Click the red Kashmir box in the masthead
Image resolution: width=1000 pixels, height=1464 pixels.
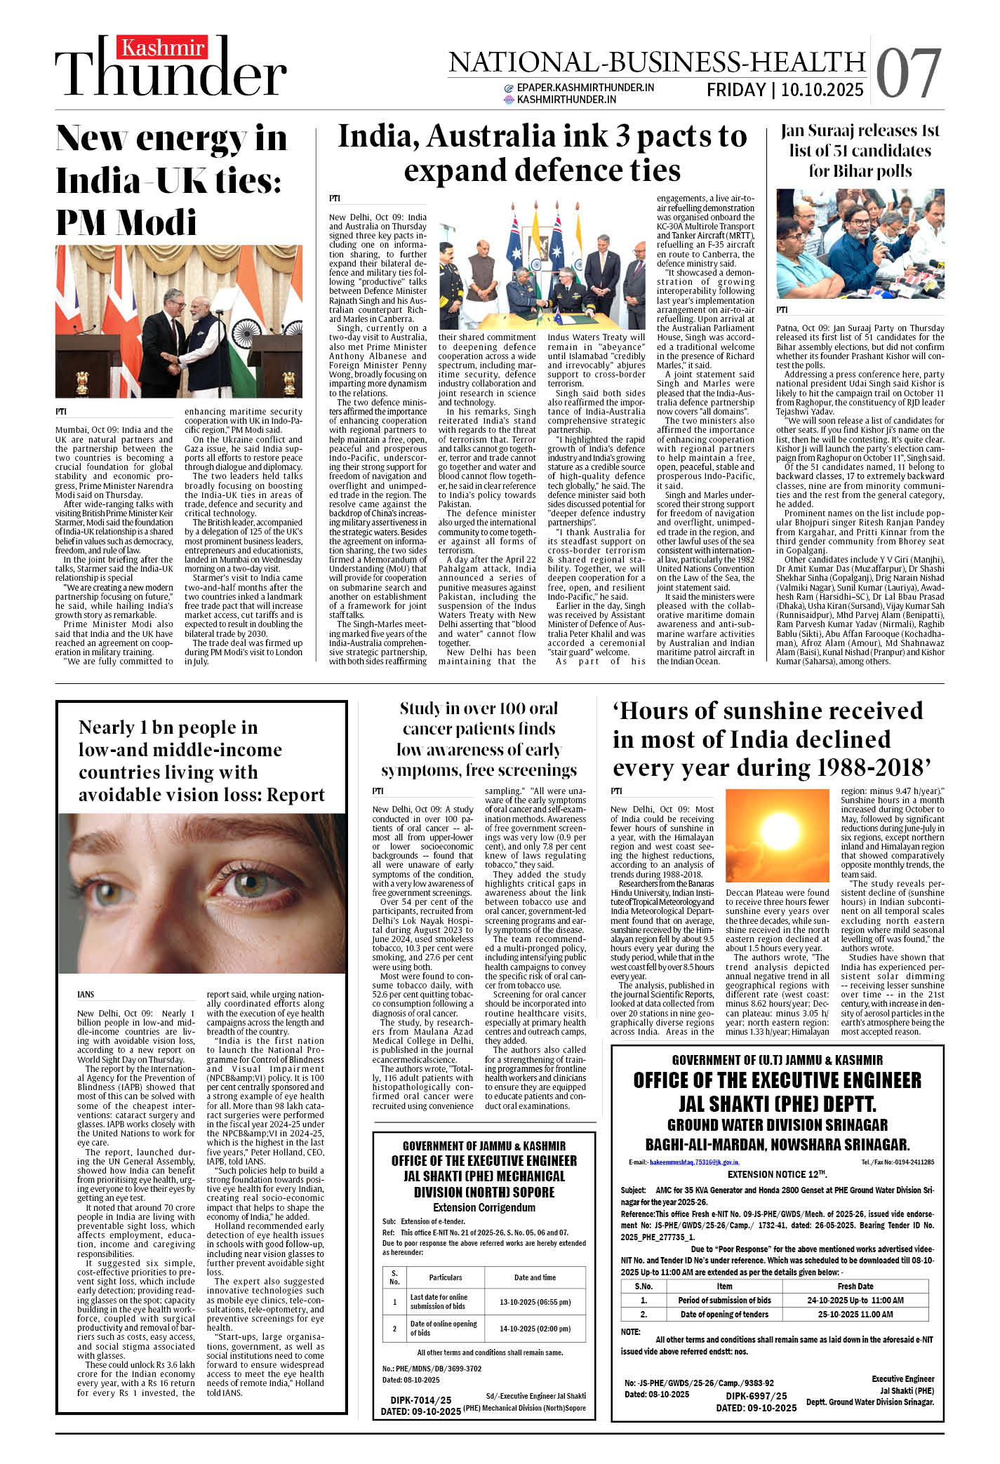(164, 48)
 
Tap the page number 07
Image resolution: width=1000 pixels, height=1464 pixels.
(908, 73)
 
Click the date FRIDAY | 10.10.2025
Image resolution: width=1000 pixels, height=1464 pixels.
(785, 90)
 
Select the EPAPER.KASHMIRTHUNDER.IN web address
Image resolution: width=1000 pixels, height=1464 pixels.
(585, 88)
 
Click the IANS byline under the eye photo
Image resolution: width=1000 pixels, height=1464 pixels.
(86, 995)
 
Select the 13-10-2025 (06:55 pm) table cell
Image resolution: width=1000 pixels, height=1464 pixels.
(535, 1302)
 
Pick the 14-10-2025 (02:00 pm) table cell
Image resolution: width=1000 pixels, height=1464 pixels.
(535, 1329)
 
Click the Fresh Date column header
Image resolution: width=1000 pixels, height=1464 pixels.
(855, 1286)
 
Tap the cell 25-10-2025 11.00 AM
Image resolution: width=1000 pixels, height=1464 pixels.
(855, 1314)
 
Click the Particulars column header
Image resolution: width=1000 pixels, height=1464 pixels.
(446, 1277)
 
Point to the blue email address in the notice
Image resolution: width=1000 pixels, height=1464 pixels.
(694, 1162)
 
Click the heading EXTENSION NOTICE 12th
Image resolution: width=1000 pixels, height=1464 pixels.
(777, 1174)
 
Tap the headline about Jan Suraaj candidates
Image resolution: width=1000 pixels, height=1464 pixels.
(860, 151)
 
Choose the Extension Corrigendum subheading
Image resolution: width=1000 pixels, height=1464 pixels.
(484, 1207)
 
